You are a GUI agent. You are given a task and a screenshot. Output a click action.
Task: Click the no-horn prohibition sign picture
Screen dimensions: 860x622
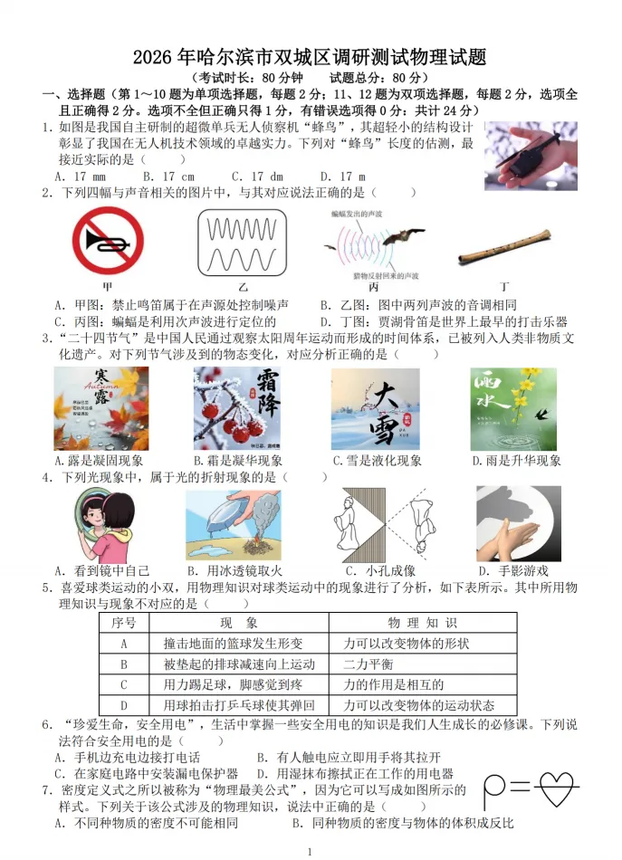[108, 242]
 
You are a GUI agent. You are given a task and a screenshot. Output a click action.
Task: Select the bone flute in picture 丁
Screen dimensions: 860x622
[503, 246]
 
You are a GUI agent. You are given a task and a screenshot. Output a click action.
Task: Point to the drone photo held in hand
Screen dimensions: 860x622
[530, 156]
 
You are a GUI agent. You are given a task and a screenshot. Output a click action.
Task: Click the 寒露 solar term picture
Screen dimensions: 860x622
[100, 408]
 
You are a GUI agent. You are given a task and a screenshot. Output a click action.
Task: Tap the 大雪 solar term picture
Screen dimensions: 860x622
[375, 408]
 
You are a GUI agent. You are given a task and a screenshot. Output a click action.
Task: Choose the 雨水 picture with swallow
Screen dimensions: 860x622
[512, 408]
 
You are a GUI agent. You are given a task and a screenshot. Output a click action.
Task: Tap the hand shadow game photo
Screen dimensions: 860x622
[518, 523]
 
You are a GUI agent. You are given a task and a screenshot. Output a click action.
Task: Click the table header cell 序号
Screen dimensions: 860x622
[124, 623]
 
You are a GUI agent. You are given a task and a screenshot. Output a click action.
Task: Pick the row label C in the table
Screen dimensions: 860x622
[124, 685]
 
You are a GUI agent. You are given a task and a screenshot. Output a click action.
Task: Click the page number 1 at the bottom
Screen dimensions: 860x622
[310, 851]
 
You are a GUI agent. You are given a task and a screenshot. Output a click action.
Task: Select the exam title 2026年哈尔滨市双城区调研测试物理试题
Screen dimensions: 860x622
[310, 58]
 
